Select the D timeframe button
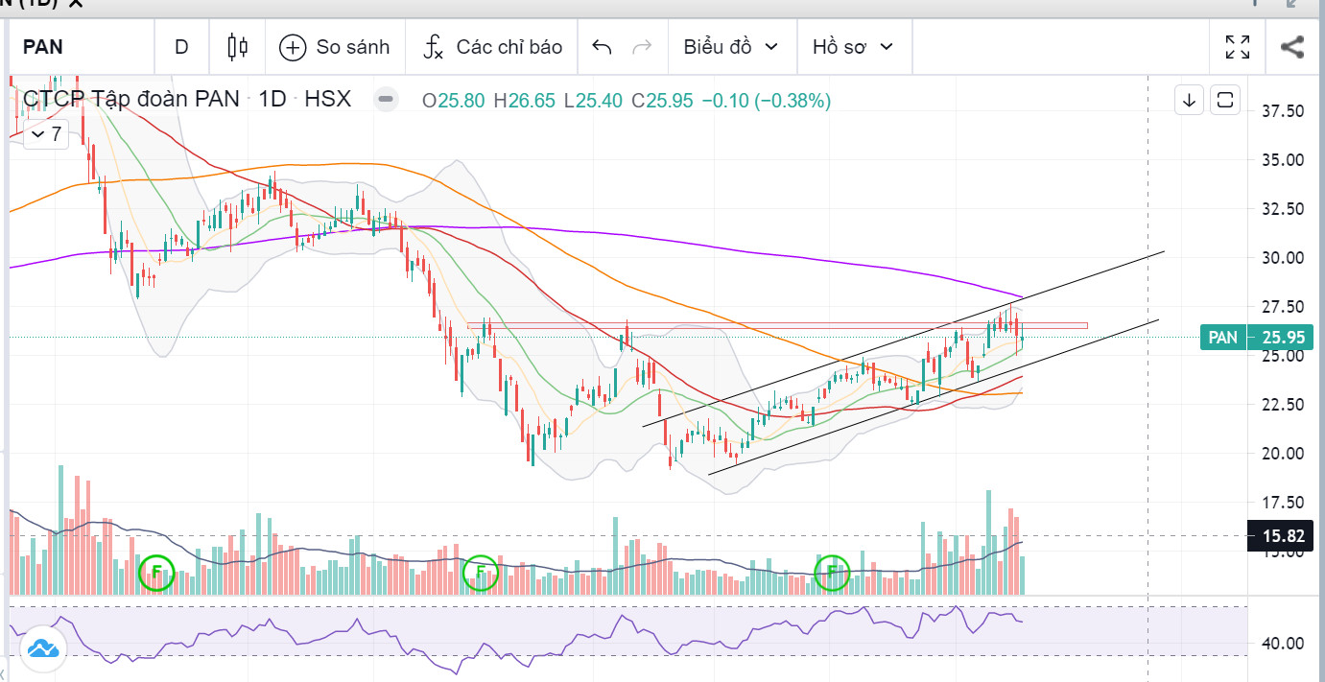pos(181,46)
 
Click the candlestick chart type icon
pos(237,46)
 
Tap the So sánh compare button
pos(335,46)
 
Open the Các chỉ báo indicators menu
pos(492,46)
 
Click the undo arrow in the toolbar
pos(602,46)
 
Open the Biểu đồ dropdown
pos(730,46)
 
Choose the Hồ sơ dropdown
pos(852,46)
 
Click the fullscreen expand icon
pos(1238,46)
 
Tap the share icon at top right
pos(1292,46)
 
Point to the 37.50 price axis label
pos(1283,111)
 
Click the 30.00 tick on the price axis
pos(1283,257)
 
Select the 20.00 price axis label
pos(1283,453)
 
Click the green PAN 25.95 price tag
pos(1256,337)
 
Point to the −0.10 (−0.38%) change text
pos(766,100)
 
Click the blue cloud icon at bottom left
pos(43,649)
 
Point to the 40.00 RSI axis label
pos(1283,643)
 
